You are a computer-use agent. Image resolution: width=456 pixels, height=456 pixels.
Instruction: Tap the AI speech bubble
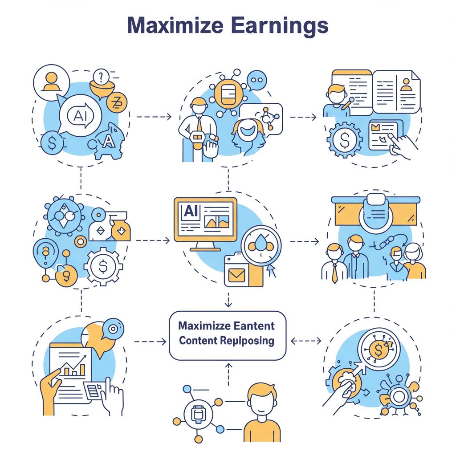click(x=81, y=116)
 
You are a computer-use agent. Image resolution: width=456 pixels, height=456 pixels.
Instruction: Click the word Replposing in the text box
click(x=247, y=341)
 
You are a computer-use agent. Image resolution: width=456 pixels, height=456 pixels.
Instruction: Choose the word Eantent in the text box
click(x=254, y=326)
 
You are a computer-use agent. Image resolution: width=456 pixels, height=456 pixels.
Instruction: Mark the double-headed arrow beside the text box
click(x=305, y=341)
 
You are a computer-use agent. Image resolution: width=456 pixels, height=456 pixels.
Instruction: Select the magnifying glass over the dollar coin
click(x=378, y=352)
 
